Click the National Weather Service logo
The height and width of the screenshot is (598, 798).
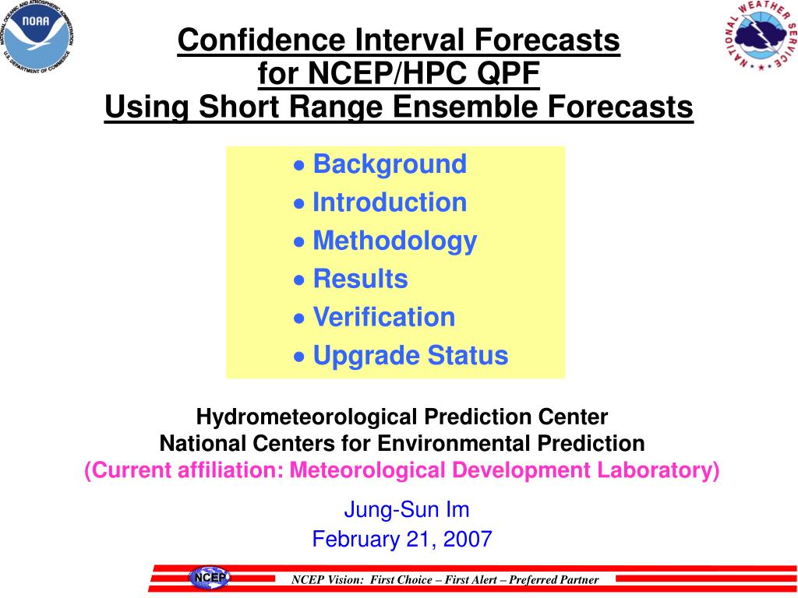point(761,34)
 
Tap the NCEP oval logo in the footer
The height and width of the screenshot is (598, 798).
point(210,579)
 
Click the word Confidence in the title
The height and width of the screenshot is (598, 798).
point(262,40)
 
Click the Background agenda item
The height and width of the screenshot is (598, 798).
point(390,164)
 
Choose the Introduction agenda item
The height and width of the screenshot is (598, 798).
point(390,202)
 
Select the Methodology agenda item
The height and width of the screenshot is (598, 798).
point(394,241)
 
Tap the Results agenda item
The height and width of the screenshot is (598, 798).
point(360,279)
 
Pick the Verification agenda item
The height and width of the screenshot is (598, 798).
point(383,317)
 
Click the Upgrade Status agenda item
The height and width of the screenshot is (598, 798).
point(410,355)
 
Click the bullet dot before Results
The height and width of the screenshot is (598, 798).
point(299,280)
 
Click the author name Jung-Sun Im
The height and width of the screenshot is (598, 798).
point(407,509)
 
